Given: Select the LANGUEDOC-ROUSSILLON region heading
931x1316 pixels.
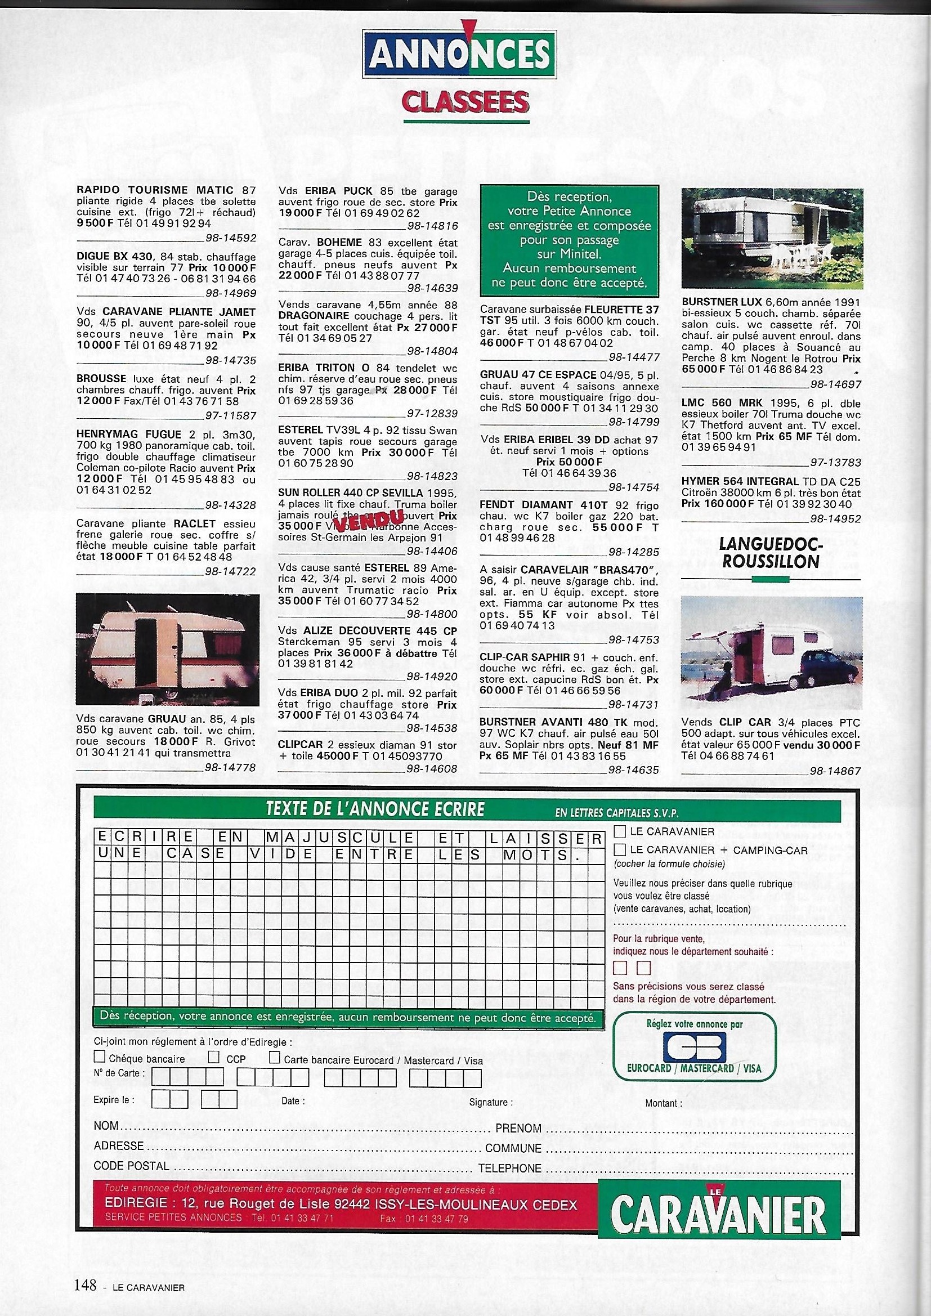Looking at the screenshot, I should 771,552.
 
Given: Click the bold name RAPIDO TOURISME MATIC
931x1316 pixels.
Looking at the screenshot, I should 154,190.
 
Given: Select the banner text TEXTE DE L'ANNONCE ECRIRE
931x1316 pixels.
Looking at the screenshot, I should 375,809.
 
